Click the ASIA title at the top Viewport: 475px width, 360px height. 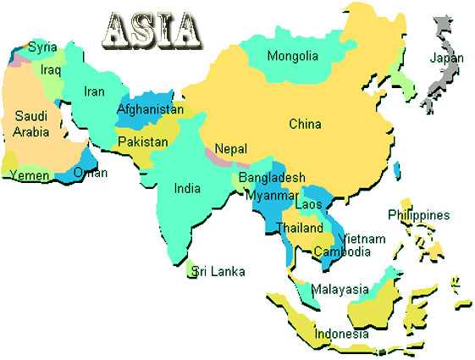(x=153, y=30)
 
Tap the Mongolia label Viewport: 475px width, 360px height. (x=293, y=57)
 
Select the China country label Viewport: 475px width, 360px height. (x=305, y=125)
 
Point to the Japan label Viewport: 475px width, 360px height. (x=447, y=58)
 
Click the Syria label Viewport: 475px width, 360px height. (x=42, y=47)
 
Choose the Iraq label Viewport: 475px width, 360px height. (x=51, y=70)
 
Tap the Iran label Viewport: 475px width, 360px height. (x=94, y=92)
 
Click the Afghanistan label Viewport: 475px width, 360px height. (x=150, y=109)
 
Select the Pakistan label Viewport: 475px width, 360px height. (x=142, y=141)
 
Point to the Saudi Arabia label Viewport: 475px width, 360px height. (x=31, y=124)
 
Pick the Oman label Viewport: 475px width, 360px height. (x=91, y=173)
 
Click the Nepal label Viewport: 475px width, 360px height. (x=230, y=148)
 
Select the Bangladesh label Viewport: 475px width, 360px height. (x=272, y=178)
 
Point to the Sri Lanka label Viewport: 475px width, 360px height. (x=218, y=272)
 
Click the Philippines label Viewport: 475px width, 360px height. (x=418, y=215)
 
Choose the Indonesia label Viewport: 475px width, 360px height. (x=342, y=334)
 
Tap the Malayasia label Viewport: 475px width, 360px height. (x=340, y=290)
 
